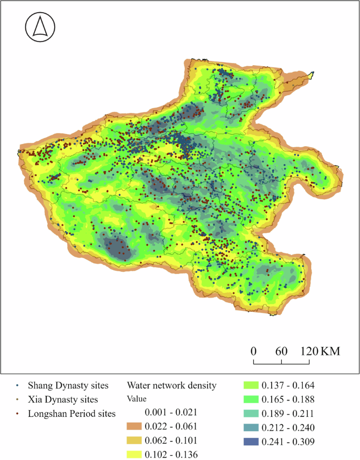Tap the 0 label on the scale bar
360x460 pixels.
[253, 351]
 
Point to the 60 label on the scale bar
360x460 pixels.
[281, 351]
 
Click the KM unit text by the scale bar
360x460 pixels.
[330, 351]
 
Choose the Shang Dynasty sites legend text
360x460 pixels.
[68, 385]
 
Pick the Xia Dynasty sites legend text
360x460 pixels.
[63, 400]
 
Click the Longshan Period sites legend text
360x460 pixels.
[71, 414]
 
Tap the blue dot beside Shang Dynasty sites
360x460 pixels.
[17, 386]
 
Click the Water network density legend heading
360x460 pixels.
[172, 385]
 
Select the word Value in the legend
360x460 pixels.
[137, 398]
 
